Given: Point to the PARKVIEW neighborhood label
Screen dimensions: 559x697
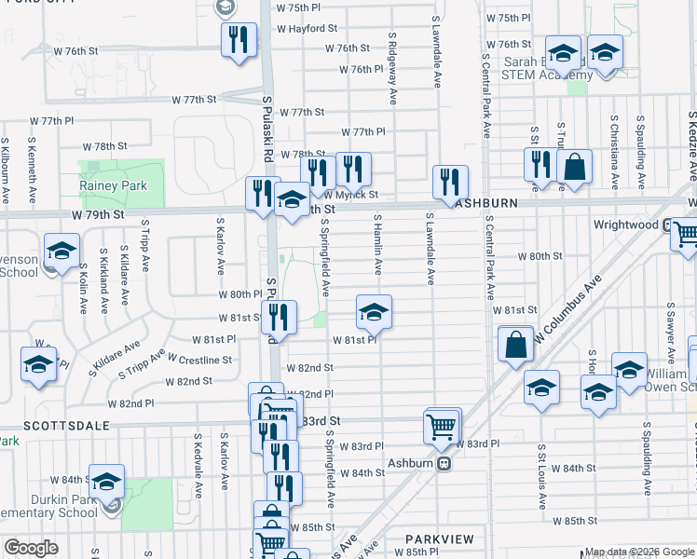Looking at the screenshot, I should pos(439,539).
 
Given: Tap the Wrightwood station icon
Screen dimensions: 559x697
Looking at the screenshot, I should pos(667,225).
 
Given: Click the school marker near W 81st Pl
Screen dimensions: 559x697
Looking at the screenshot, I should pos(374,312).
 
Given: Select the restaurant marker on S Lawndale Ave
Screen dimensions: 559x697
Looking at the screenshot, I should pos(450,180).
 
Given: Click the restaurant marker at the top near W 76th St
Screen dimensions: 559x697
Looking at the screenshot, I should pos(238,38).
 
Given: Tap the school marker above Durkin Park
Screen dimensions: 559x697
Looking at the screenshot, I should pos(107,481).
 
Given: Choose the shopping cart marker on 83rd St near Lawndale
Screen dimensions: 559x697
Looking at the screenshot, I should pos(442,426).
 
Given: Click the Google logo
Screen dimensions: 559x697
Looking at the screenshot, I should pos(31,548).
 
